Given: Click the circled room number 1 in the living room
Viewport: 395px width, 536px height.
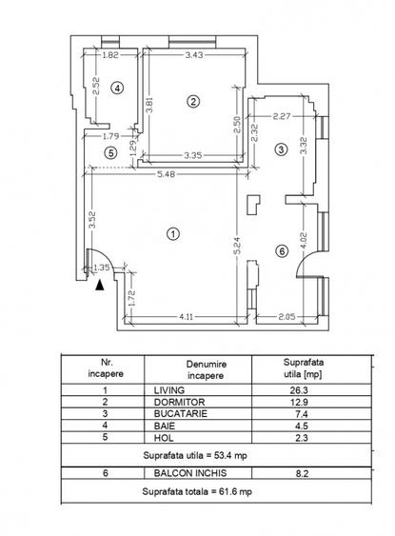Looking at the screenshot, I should pyautogui.click(x=172, y=232).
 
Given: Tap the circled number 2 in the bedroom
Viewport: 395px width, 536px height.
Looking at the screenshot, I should pyautogui.click(x=192, y=101).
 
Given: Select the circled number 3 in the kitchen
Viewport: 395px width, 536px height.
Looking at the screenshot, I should pyautogui.click(x=281, y=149).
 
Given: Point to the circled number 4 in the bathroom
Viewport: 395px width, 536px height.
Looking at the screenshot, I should pyautogui.click(x=117, y=88).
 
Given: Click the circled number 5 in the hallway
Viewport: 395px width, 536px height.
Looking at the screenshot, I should pyautogui.click(x=110, y=152).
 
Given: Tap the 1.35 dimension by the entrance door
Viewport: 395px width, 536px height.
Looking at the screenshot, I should pyautogui.click(x=103, y=269).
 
